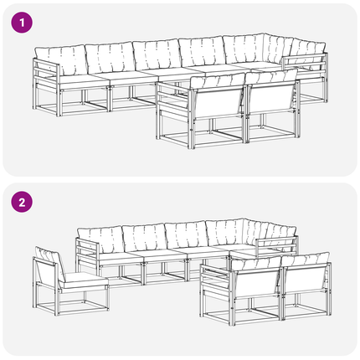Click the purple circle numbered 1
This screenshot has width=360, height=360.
(x=22, y=23)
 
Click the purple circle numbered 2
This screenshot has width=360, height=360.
(x=22, y=202)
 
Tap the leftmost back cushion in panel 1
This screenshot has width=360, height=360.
(x=62, y=60)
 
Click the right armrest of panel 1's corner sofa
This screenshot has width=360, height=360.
(x=305, y=64)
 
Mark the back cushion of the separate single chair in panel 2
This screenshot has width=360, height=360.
(x=49, y=260)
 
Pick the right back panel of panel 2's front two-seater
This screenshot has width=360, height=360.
(x=304, y=280)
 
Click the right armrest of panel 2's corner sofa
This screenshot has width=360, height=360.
(x=277, y=244)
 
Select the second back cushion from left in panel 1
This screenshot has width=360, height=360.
(x=111, y=58)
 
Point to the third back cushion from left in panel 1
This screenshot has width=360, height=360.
(x=157, y=54)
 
